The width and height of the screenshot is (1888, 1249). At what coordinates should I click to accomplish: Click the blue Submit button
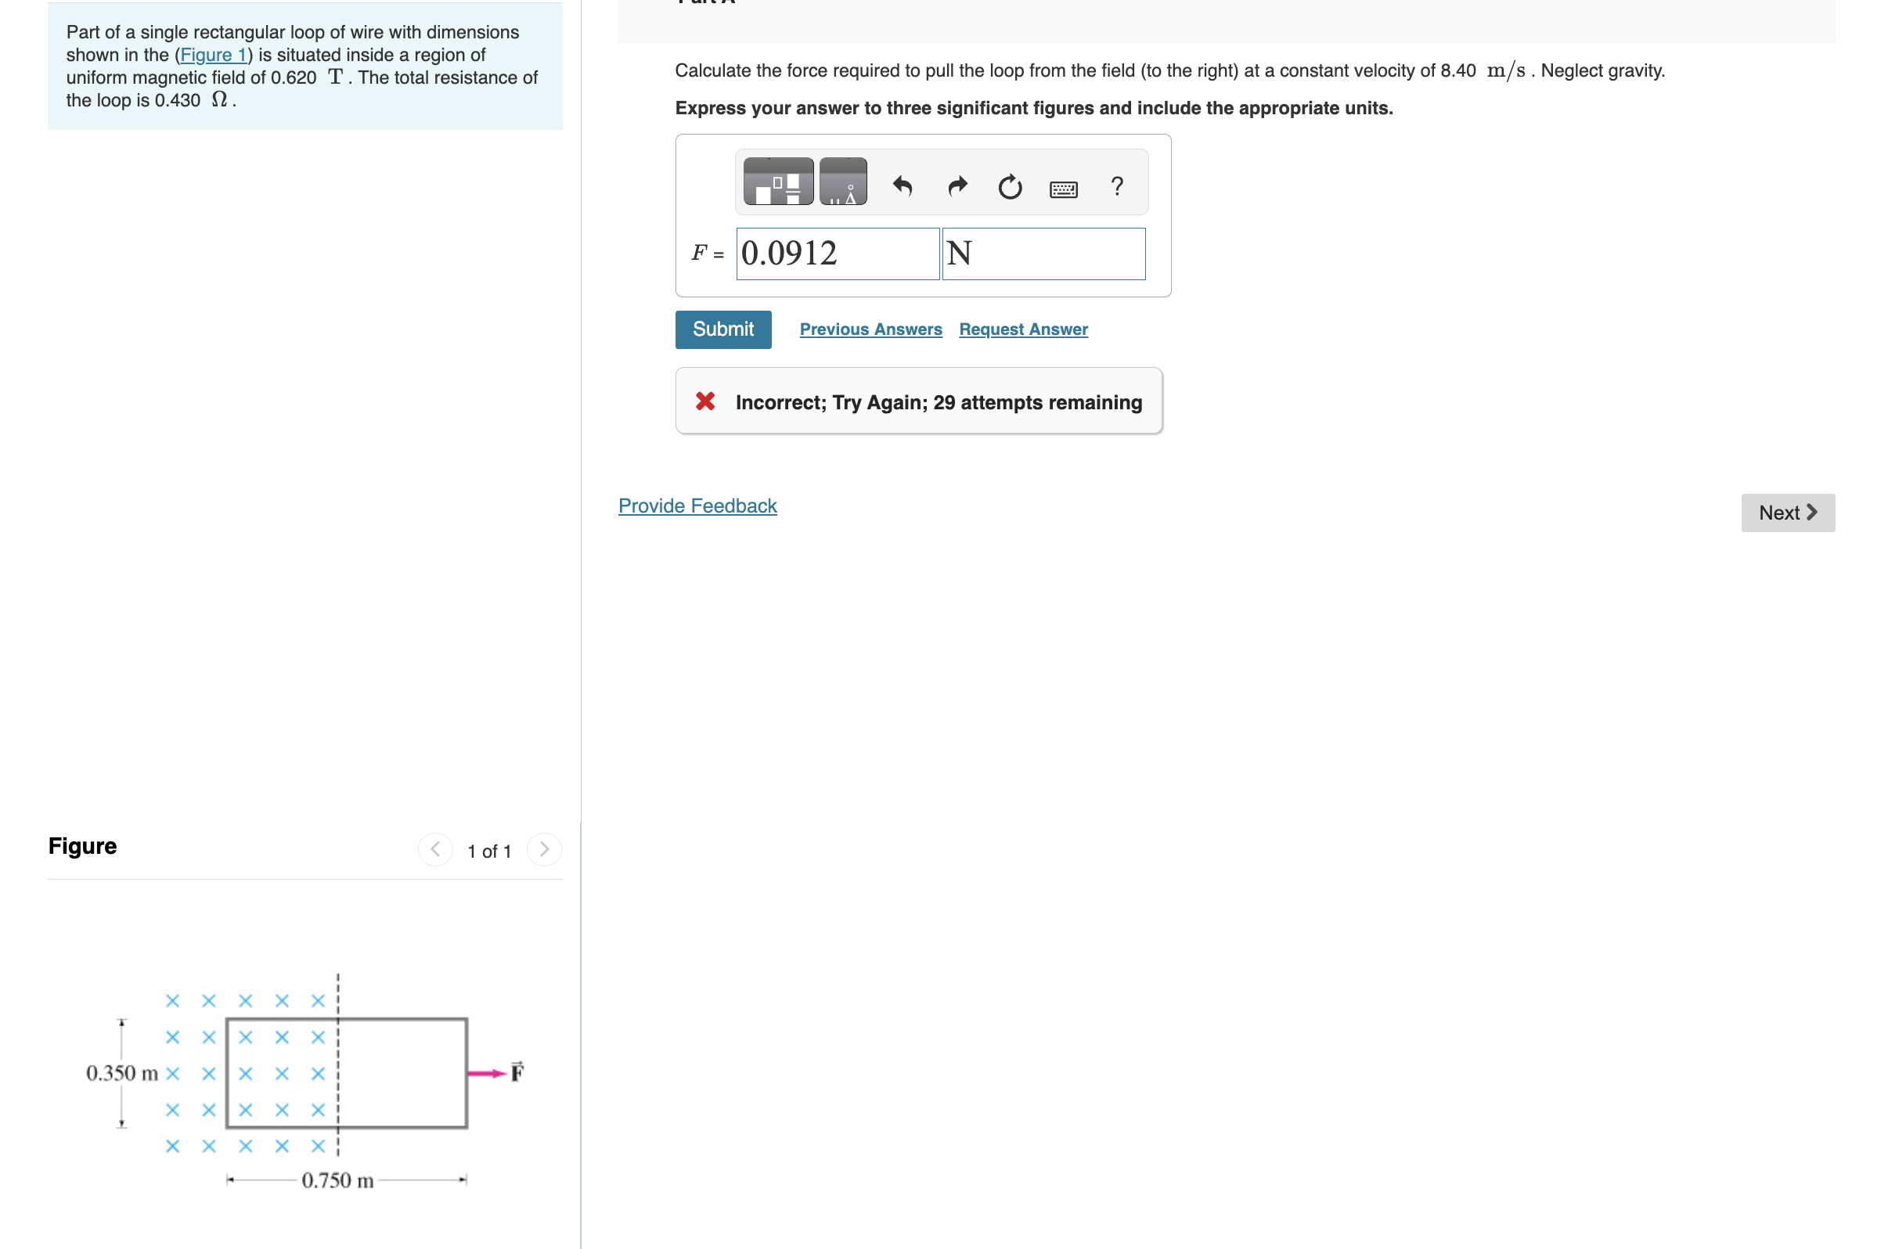pyautogui.click(x=722, y=329)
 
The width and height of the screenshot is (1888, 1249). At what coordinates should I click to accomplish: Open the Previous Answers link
pyautogui.click(x=870, y=329)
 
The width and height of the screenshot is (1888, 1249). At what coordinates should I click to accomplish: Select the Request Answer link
pyautogui.click(x=1023, y=329)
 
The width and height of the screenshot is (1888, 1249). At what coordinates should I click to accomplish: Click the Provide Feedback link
pyautogui.click(x=697, y=506)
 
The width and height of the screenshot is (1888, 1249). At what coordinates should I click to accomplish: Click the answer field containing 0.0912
pyautogui.click(x=838, y=254)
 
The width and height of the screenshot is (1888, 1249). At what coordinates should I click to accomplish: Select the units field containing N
pyautogui.click(x=1043, y=254)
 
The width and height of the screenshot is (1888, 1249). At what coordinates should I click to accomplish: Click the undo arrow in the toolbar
pyautogui.click(x=903, y=185)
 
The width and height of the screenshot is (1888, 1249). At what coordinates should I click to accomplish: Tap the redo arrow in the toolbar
pyautogui.click(x=957, y=185)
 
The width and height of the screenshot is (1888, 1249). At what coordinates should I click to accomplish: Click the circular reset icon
pyautogui.click(x=1009, y=186)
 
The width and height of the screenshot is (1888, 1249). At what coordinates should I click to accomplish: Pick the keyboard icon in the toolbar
pyautogui.click(x=1063, y=189)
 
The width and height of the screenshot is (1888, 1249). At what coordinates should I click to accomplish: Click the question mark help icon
pyautogui.click(x=1117, y=185)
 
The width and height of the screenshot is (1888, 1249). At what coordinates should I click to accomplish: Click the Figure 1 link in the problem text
pyautogui.click(x=214, y=55)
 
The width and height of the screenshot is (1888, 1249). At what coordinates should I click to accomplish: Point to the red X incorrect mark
pyautogui.click(x=705, y=401)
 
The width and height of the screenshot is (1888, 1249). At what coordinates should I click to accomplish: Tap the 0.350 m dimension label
pyautogui.click(x=122, y=1073)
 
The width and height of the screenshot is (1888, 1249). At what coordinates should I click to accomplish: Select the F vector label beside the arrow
pyautogui.click(x=517, y=1071)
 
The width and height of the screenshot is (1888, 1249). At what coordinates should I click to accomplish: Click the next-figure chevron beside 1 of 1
pyautogui.click(x=544, y=849)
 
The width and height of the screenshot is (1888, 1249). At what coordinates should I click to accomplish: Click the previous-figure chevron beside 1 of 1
pyautogui.click(x=435, y=849)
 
